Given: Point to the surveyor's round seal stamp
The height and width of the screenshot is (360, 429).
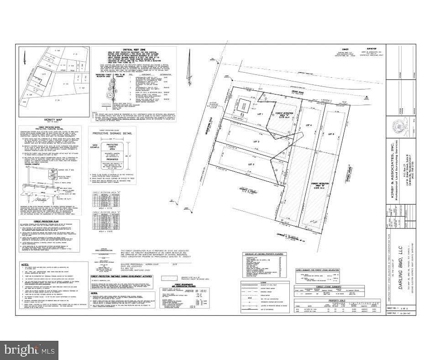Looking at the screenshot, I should pos(409,125).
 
